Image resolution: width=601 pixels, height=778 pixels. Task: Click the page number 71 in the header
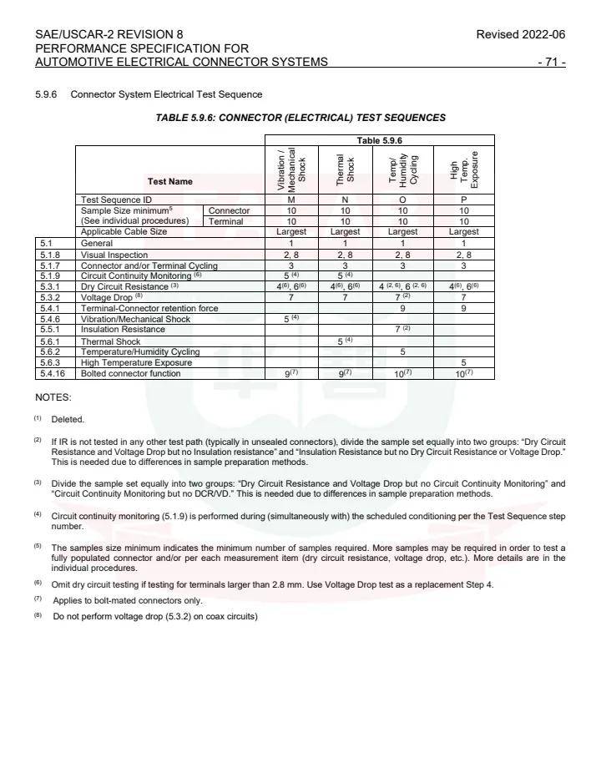click(553, 62)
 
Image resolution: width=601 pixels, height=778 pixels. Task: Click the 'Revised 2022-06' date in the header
click(520, 34)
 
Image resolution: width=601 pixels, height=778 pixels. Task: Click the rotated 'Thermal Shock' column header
click(345, 169)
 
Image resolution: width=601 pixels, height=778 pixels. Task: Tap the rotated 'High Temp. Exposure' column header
click(464, 169)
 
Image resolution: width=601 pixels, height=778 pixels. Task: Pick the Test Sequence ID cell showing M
click(291, 200)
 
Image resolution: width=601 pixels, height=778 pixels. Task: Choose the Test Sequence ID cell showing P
click(463, 200)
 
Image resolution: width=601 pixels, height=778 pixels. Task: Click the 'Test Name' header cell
click(169, 181)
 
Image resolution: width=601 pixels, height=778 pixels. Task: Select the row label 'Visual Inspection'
click(114, 255)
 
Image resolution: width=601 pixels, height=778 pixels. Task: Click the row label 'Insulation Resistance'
click(123, 330)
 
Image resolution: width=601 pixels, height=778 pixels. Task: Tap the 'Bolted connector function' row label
click(130, 373)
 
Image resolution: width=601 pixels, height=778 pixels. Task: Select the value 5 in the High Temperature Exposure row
click(463, 362)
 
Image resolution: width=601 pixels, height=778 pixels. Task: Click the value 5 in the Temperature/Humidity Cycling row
click(403, 351)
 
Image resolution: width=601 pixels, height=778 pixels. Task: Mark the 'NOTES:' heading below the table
click(53, 397)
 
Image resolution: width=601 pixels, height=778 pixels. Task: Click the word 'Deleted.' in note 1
click(68, 419)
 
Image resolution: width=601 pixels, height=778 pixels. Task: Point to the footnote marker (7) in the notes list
click(38, 599)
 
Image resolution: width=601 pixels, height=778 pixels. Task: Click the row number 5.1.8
click(49, 255)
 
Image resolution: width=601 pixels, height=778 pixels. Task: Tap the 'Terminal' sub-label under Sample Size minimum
click(225, 221)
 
